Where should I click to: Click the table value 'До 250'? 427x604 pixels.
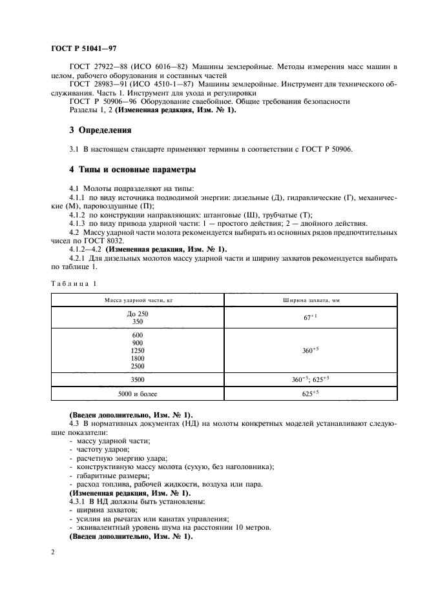pos(137,314)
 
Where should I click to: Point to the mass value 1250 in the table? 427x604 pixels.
pos(137,350)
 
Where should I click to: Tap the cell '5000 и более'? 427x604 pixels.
pos(137,392)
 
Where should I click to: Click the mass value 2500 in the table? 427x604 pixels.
pos(137,365)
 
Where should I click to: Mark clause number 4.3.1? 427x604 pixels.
pos(79,501)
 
